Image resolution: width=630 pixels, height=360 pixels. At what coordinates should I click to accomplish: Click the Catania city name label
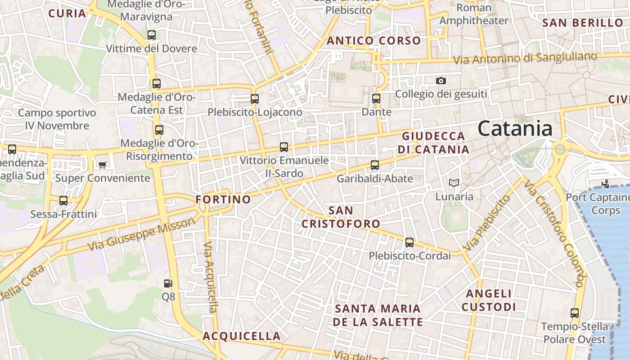(x=515, y=129)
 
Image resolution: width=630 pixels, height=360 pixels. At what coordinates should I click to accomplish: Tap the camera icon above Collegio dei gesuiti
(x=441, y=81)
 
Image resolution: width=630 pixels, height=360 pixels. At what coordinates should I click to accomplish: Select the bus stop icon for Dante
(x=376, y=99)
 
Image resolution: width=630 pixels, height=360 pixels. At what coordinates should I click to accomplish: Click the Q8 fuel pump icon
(x=168, y=283)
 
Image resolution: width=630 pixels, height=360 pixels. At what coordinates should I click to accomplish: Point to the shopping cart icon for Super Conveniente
(x=103, y=165)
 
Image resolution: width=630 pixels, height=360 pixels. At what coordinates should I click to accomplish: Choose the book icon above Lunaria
(x=454, y=183)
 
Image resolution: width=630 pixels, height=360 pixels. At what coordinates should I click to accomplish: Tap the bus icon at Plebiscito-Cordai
(x=409, y=243)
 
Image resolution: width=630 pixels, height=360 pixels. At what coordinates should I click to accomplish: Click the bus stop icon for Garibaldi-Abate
(x=375, y=165)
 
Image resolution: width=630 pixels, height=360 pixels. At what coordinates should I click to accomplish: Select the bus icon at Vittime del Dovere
(x=152, y=35)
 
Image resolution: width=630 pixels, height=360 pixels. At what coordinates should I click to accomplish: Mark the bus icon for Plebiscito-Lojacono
(x=255, y=99)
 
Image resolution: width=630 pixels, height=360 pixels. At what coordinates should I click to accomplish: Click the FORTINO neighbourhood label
(x=223, y=199)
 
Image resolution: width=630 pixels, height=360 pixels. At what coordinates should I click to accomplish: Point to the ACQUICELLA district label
(x=242, y=336)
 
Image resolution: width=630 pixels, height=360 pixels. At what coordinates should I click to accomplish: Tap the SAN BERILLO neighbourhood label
(x=583, y=23)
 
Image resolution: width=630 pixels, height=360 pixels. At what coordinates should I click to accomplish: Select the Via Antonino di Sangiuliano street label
(x=525, y=58)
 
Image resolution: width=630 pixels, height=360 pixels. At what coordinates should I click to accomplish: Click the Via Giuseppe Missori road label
(x=142, y=234)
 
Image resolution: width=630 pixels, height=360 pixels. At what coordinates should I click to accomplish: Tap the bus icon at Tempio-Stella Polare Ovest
(x=575, y=313)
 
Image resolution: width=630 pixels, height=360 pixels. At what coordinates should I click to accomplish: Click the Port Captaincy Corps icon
(x=606, y=183)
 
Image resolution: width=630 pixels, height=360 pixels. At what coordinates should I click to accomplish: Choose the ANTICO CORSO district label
(x=373, y=41)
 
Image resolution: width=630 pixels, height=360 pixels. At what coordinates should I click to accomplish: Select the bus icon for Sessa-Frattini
(x=63, y=201)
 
